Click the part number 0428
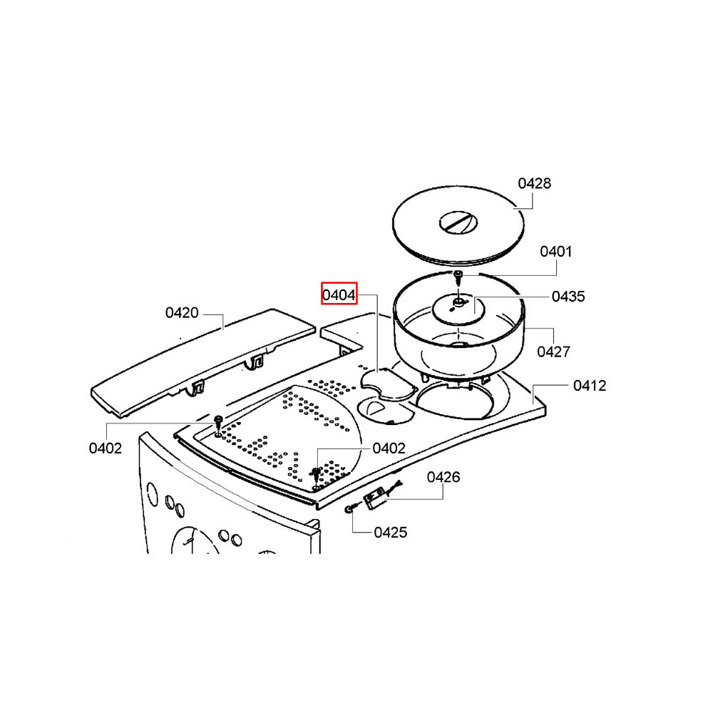tap(534, 183)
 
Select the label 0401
tap(555, 252)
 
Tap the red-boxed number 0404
tap(339, 295)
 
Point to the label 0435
tap(568, 297)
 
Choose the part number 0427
tap(553, 352)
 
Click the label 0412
tap(590, 386)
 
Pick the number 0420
tap(182, 313)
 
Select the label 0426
tap(443, 477)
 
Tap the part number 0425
tap(390, 533)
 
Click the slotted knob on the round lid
tap(458, 222)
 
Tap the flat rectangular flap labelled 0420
tap(203, 362)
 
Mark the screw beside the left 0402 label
tap(218, 424)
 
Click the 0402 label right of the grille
tap(389, 448)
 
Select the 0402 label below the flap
tap(106, 448)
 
